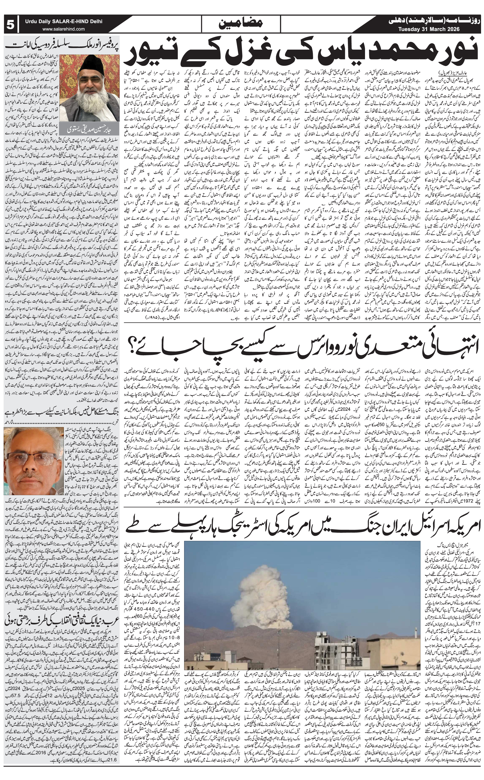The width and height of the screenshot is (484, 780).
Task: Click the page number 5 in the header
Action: tap(10, 24)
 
